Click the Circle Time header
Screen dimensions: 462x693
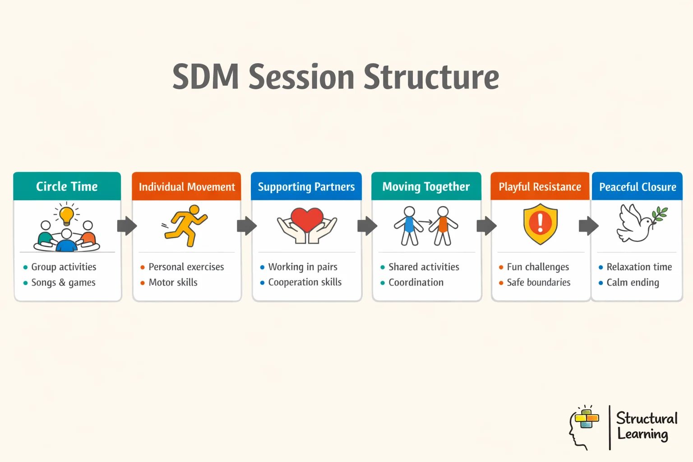[67, 186]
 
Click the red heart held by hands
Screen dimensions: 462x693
[307, 219]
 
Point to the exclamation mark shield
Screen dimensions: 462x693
[540, 224]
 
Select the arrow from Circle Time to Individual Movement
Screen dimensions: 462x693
[127, 226]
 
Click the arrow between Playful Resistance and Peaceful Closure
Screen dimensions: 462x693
[588, 226]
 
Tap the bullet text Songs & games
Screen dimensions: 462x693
[63, 282]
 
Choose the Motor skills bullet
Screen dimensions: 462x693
[173, 282]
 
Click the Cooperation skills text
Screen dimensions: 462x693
[305, 282]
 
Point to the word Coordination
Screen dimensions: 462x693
[416, 282]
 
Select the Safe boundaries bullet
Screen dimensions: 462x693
[538, 282]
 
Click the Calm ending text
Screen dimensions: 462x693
[633, 282]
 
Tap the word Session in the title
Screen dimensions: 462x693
[301, 77]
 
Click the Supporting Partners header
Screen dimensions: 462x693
[306, 187]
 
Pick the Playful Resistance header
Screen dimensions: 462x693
[540, 187]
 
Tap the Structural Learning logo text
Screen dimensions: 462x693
[646, 426]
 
